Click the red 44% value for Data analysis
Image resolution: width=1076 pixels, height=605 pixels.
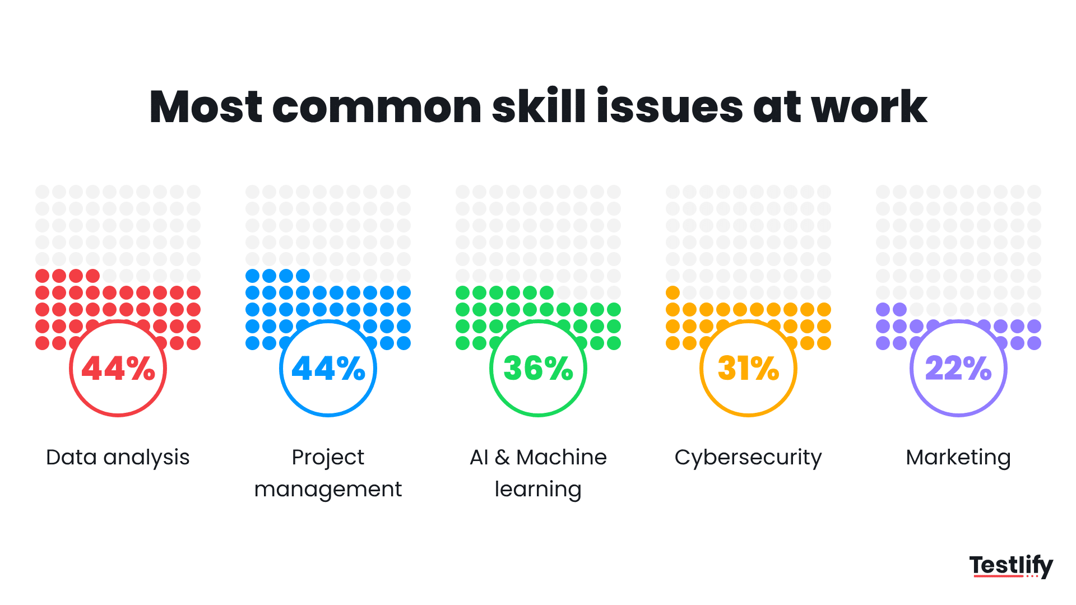118,369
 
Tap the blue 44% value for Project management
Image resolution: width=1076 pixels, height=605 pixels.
328,369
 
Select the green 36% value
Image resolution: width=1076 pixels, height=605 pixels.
538,369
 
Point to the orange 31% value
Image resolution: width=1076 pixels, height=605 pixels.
748,369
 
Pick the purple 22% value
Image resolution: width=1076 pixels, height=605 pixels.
958,369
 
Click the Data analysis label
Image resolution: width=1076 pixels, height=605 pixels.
118,458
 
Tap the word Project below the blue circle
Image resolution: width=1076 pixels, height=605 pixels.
328,458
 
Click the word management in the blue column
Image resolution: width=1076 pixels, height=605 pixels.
328,490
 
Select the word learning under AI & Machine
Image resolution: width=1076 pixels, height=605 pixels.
538,490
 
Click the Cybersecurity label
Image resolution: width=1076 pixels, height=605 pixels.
748,458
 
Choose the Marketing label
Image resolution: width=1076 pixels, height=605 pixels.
958,458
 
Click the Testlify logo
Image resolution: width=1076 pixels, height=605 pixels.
1011,566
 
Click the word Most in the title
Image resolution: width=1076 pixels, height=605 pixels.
206,106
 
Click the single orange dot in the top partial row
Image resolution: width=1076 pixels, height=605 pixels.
672,292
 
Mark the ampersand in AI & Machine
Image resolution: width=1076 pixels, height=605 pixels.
502,458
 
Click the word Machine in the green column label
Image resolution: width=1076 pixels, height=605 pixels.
561,458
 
